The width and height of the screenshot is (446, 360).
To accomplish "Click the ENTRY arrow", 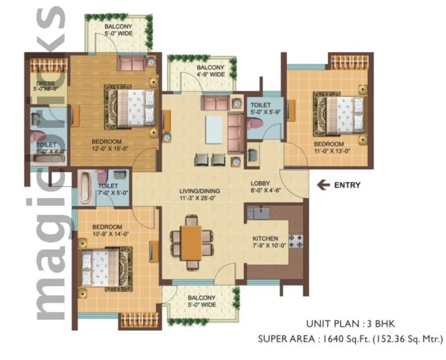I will (x=323, y=185).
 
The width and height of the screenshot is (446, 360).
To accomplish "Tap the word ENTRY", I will (x=347, y=185).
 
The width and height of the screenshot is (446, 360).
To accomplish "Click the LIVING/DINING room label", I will (x=199, y=191).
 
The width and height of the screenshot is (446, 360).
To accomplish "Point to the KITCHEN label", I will (x=265, y=238).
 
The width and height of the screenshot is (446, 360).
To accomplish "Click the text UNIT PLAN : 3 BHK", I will (x=350, y=324).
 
